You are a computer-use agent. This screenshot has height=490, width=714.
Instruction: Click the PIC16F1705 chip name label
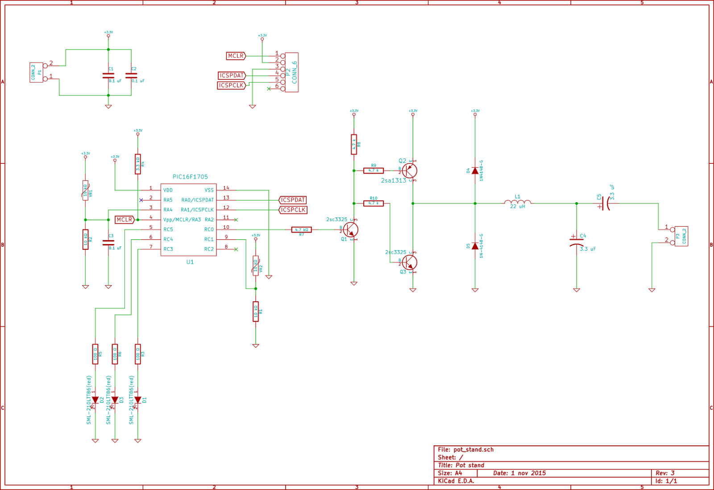pos(190,177)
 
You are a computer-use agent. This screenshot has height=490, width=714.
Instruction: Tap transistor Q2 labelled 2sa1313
pos(409,170)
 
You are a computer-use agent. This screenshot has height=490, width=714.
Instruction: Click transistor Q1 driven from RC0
pos(351,229)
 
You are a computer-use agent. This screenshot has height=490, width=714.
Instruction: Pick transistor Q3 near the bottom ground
pos(409,262)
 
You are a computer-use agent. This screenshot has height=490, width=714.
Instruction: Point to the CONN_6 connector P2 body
pos(291,72)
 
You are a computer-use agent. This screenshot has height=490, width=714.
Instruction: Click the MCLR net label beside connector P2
pos(236,56)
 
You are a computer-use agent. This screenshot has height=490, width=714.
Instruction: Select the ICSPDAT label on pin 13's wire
pos(293,200)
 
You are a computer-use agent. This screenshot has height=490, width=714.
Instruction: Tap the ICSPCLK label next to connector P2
pos(231,85)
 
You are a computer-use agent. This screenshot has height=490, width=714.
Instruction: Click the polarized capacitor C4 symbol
pos(576,241)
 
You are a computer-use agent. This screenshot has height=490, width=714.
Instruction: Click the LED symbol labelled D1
pos(137,400)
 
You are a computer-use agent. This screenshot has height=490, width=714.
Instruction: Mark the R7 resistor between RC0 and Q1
pos(301,229)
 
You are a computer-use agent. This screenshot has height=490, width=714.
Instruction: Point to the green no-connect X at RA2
pos(236,220)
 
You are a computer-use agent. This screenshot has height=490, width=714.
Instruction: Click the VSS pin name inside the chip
pos(209,190)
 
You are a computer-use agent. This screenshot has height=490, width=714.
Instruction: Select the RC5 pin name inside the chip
pos(168,229)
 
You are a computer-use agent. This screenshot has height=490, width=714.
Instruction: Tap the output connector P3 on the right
pos(681,236)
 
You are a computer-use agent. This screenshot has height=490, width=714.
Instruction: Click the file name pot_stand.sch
pos(473,449)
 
